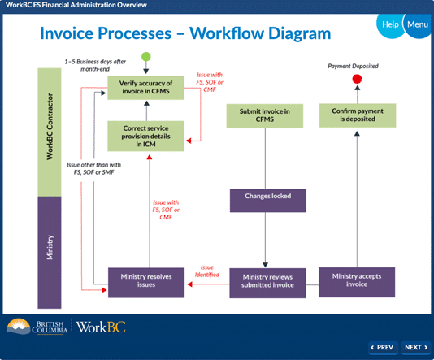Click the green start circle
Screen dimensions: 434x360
pyautogui.click(x=146, y=57)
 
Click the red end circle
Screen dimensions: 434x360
pyautogui.click(x=357, y=79)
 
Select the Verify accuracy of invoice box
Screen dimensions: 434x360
pyautogui.click(x=145, y=88)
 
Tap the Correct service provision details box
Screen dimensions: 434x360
pyautogui.click(x=145, y=137)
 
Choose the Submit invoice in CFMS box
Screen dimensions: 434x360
pyautogui.click(x=265, y=115)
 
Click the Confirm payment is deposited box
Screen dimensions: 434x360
pyautogui.click(x=358, y=115)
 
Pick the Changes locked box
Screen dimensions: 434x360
pyautogui.click(x=268, y=201)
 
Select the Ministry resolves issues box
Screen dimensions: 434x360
pyautogui.click(x=146, y=283)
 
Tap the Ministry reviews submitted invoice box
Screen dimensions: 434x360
pyautogui.click(x=267, y=283)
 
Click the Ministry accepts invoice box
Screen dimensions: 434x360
pyautogui.click(x=357, y=282)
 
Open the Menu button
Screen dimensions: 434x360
pyautogui.click(x=418, y=24)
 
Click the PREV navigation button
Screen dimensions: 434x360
pyautogui.click(x=384, y=348)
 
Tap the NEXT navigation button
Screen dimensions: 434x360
pyautogui.click(x=416, y=348)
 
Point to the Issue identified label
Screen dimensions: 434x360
pyautogui.click(x=207, y=271)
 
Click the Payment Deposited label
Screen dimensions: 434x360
pyautogui.click(x=353, y=66)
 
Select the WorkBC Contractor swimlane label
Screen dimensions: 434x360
pyautogui.click(x=50, y=127)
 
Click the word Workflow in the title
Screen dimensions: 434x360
pyautogui.click(x=227, y=33)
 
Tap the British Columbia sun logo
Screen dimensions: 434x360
pyautogui.click(x=18, y=326)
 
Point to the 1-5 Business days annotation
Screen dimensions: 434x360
pyautogui.click(x=95, y=65)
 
